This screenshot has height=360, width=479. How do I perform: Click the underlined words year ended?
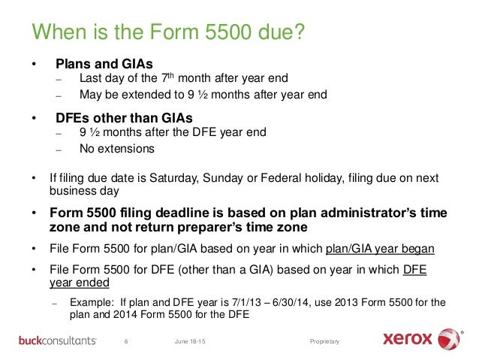(x=80, y=282)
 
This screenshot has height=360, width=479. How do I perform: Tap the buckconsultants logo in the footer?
(x=58, y=341)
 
